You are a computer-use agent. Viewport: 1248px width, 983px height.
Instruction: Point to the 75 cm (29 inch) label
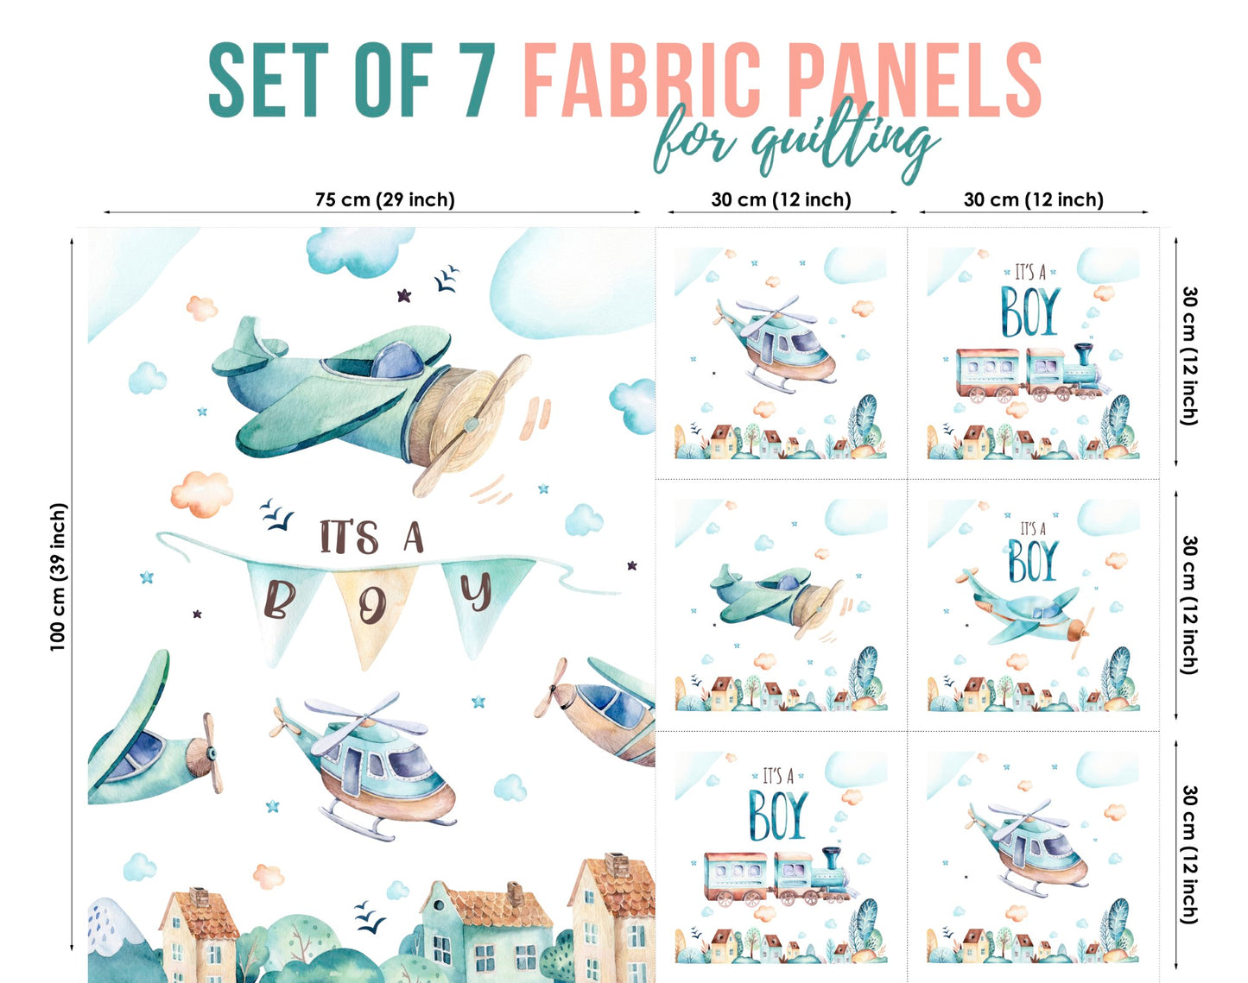[x=384, y=199]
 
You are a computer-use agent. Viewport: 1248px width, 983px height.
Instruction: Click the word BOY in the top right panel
[x=1029, y=312]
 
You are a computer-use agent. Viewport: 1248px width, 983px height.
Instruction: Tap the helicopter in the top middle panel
[x=777, y=341]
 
